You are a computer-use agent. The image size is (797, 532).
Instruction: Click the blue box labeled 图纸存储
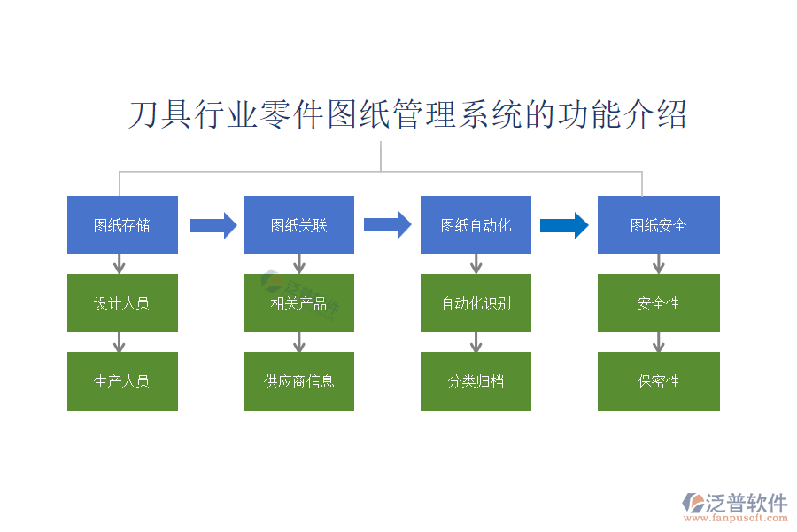122,225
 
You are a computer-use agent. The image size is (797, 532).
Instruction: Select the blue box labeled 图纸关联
298,225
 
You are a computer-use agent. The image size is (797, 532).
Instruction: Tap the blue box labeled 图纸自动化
476,225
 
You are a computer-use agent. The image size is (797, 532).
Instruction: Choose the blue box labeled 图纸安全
658,225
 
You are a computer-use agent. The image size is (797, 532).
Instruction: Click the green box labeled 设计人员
122,303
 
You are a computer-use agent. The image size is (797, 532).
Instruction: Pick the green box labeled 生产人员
122,381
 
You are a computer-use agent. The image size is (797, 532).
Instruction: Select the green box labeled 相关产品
298,303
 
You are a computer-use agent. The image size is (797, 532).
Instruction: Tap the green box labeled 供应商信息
298,381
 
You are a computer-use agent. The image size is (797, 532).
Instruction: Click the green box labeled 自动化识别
476,303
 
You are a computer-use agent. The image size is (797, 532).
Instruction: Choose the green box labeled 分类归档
476,381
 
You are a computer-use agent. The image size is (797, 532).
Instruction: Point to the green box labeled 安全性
658,303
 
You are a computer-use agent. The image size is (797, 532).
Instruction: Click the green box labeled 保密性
658,381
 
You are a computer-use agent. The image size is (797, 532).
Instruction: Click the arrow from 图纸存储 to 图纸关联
213,225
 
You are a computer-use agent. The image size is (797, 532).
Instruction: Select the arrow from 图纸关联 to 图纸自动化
388,225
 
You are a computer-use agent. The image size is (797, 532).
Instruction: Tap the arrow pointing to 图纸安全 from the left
564,225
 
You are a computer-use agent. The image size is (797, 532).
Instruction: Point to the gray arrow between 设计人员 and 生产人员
120,342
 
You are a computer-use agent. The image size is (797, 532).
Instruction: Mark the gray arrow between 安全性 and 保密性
658,342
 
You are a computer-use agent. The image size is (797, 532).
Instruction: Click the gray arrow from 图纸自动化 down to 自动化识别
476,264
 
